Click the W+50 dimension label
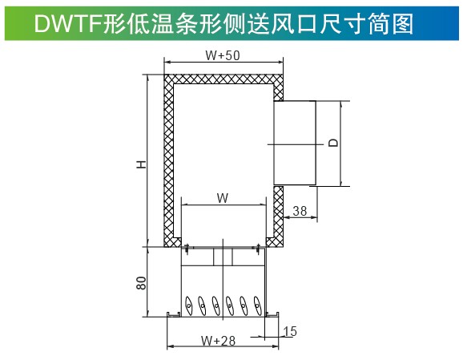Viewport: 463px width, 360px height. tap(223, 55)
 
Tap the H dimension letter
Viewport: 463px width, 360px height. tap(142, 164)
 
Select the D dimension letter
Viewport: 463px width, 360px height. tap(333, 143)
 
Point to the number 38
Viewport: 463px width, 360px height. tap(300, 211)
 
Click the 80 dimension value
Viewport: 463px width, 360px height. tap(142, 283)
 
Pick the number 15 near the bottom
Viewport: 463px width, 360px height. tap(290, 331)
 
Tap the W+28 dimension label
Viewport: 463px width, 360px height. tap(218, 341)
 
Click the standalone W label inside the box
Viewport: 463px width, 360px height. tap(223, 198)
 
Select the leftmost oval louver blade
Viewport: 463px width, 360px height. tap(188, 305)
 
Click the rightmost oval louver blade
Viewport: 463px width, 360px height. tap(257, 305)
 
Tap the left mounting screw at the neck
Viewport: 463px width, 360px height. tap(187, 249)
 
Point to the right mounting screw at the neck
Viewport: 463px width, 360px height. tap(258, 249)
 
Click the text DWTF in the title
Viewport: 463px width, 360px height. tap(68, 24)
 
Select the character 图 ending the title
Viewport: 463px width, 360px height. tap(403, 24)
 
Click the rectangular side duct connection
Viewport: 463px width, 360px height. tap(295, 143)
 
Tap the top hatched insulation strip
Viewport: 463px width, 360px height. tap(223, 79)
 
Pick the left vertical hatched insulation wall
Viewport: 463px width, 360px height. tap(169, 160)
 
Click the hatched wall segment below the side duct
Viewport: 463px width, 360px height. tap(278, 216)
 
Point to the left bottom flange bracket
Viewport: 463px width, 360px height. tap(174, 314)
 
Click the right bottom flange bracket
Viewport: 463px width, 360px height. tap(272, 314)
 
